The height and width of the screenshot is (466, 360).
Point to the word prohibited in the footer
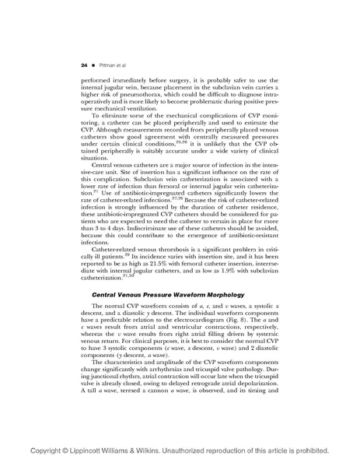click(327, 451)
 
